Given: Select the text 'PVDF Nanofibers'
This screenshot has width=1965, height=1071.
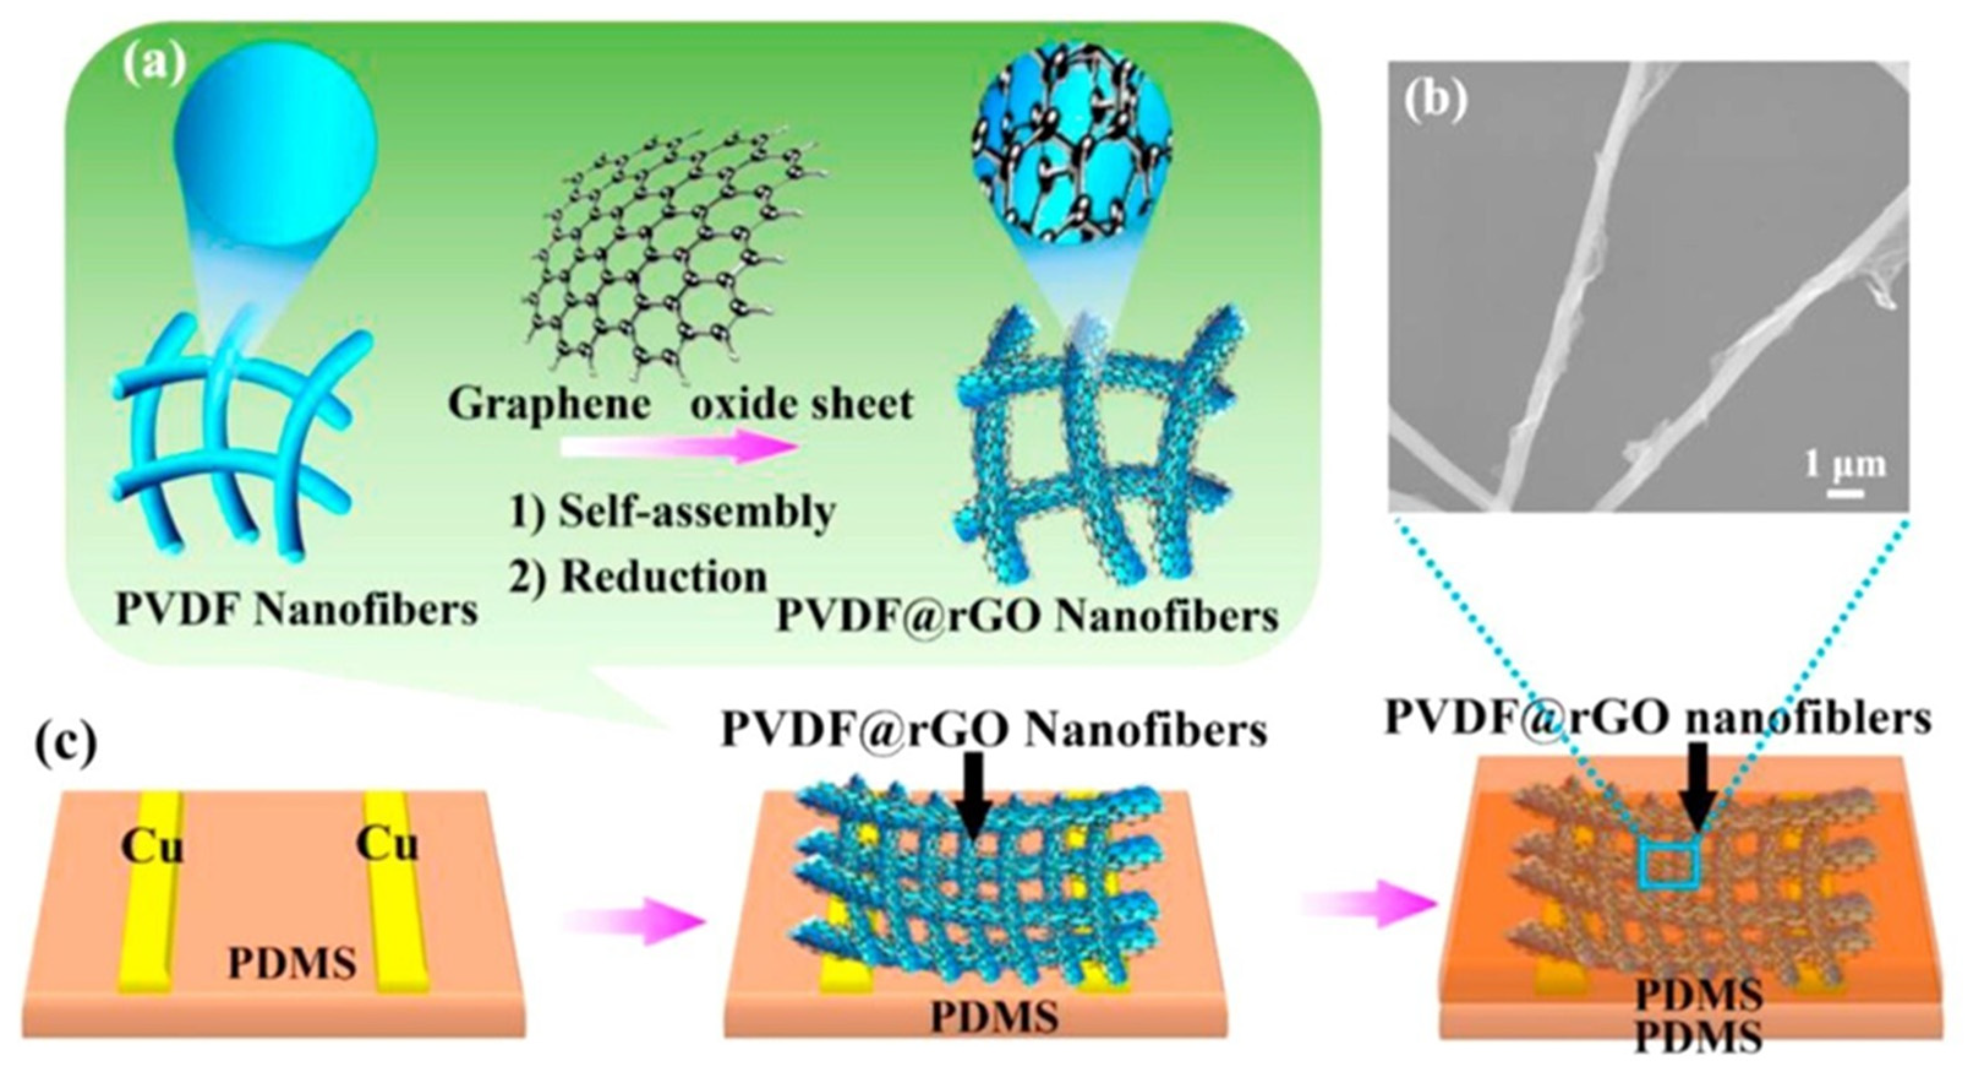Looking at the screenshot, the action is point(296,610).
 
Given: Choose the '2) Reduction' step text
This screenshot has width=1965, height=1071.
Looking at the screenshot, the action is point(638,578).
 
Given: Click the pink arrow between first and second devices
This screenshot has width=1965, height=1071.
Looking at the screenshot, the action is point(631,922).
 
